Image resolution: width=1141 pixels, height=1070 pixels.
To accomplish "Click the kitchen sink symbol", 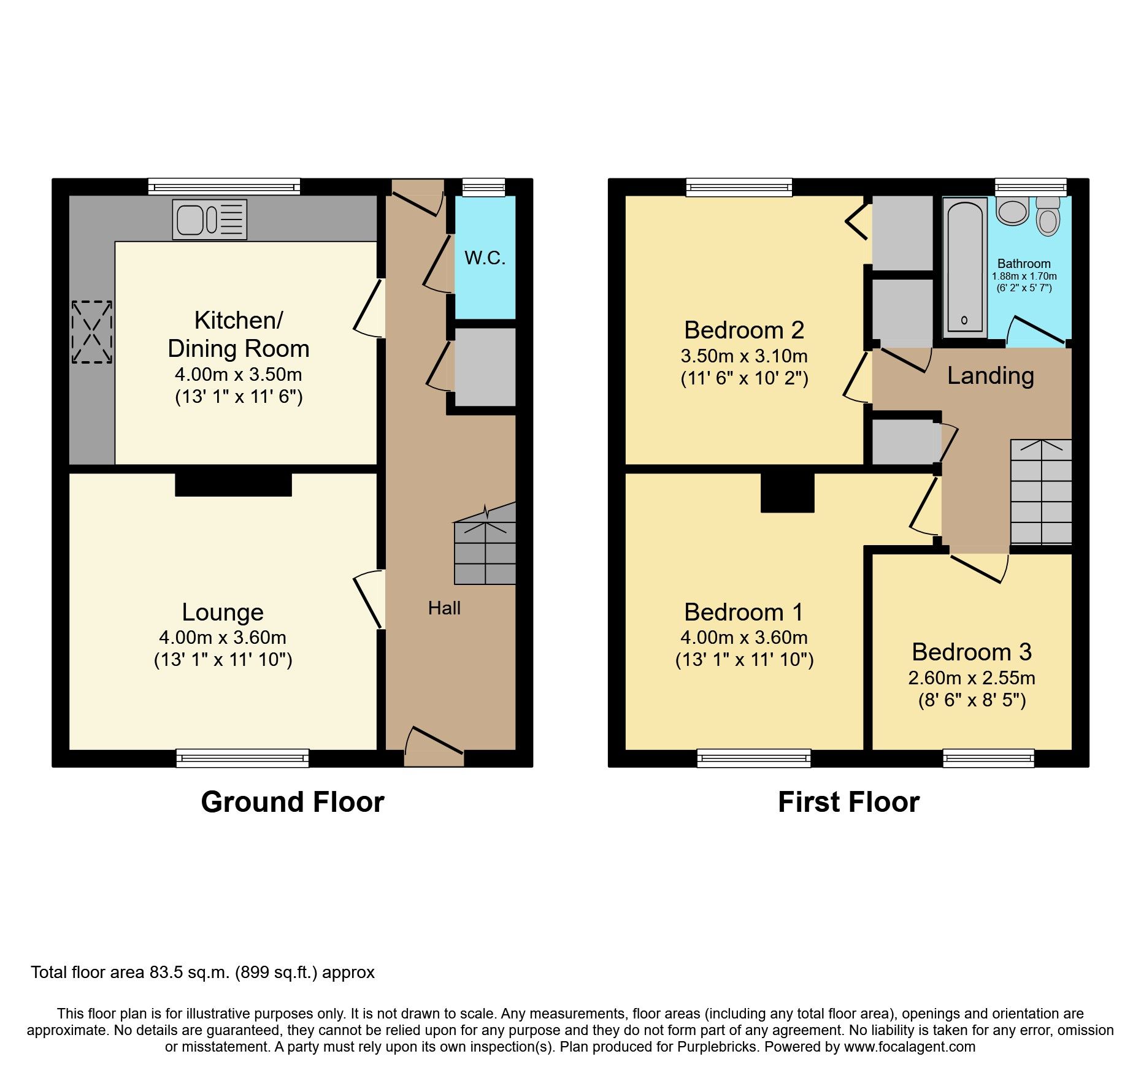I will coord(209,219).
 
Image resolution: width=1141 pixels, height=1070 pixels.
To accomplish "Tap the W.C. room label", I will coord(485,258).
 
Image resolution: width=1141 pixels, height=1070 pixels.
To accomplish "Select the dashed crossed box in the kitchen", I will coord(92,332).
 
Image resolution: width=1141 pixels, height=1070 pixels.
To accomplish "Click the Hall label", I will coord(444,608).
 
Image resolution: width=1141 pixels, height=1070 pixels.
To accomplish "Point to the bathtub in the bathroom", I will coord(964,267).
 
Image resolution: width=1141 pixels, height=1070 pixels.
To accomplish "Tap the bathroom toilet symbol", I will coord(1048,216).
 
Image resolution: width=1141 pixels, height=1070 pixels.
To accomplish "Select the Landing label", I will coord(990,375).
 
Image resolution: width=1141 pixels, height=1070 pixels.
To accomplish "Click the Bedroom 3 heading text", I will coord(971,652).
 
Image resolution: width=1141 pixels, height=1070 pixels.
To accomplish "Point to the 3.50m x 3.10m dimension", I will coord(743,356).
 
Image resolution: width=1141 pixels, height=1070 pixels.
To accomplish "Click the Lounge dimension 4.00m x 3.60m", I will coord(222,638).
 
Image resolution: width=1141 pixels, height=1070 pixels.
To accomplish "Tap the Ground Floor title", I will coord(293,802).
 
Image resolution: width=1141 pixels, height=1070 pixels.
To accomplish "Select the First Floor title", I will coord(848,802).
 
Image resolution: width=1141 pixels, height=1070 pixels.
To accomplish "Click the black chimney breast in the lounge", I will coord(233,484).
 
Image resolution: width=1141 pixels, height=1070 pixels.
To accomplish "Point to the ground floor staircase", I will coord(485,552).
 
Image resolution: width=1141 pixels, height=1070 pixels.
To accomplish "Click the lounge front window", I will coord(242,759).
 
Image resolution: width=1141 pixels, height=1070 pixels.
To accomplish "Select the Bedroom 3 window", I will coord(988,759).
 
